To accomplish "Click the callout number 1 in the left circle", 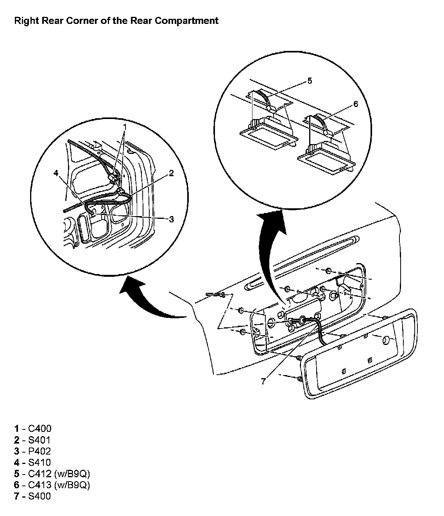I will [125, 127].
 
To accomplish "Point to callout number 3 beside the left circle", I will [171, 219].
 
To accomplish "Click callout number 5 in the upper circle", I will [310, 81].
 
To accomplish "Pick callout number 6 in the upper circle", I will [355, 104].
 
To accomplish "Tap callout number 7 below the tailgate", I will [263, 381].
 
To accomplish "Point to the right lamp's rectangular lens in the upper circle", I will [326, 161].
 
